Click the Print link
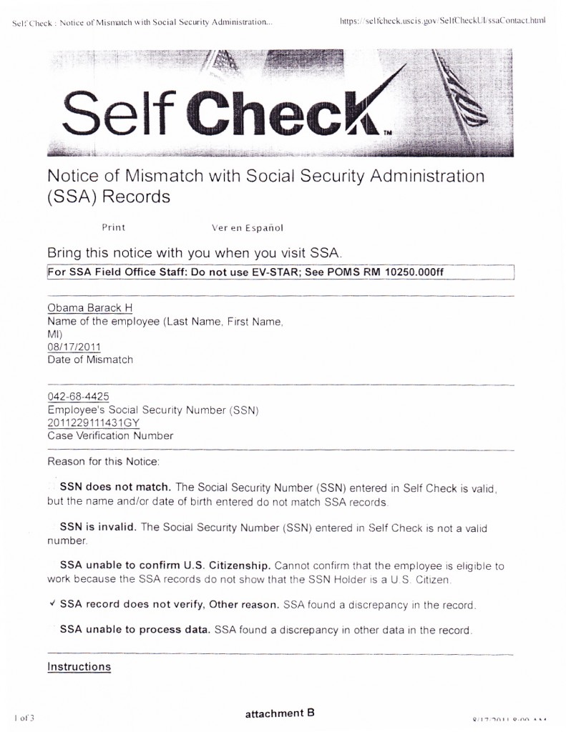click(x=113, y=227)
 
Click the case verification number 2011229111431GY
click(x=93, y=422)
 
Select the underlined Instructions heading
click(x=79, y=667)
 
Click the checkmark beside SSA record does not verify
click(x=53, y=604)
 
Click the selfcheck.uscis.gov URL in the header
click(x=444, y=21)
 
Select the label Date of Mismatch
click(x=90, y=360)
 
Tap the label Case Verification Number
click(x=110, y=435)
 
